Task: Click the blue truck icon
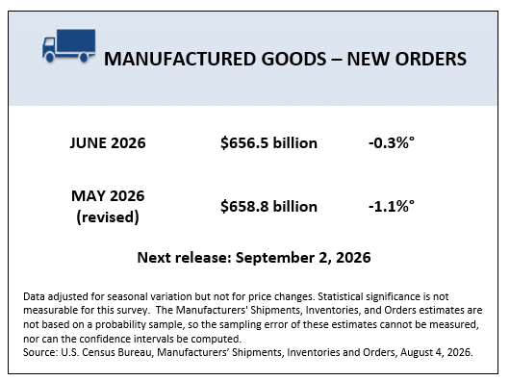point(68,45)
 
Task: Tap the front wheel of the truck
point(50,58)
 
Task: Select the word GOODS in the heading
point(293,59)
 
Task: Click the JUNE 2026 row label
point(108,143)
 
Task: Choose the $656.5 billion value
point(268,143)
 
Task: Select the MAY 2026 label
point(108,196)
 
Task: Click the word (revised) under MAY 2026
point(108,216)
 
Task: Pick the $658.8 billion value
point(268,207)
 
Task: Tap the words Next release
point(184,258)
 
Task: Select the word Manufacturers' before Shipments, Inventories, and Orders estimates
point(212,310)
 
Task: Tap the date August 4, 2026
point(437,352)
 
